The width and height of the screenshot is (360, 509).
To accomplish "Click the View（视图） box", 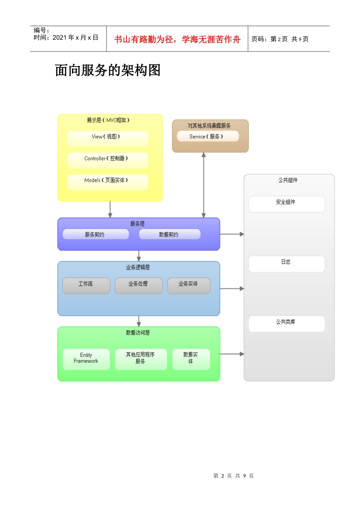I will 108,138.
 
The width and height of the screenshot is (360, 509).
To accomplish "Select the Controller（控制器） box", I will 108,160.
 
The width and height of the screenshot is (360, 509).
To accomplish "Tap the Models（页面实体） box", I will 108,182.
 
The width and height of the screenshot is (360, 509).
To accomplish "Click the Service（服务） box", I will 208,136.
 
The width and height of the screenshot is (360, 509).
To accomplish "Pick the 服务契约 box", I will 95,234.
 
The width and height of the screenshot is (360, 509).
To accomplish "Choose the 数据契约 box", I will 169,234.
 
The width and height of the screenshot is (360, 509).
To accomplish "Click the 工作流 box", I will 86,286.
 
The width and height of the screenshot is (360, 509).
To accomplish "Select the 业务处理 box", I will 139,286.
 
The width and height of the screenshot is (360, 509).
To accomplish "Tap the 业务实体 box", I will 189,286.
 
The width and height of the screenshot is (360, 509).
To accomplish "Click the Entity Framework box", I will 86,359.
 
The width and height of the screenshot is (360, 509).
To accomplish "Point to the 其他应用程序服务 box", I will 141,359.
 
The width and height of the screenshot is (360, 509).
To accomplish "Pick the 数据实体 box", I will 191,359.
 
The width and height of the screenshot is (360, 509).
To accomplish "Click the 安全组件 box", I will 286,204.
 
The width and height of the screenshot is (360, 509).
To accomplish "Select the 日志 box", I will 286,264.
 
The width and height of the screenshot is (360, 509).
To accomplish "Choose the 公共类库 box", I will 286,323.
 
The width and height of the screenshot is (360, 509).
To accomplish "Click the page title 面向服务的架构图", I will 108,70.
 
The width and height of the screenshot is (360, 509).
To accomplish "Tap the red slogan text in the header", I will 177,39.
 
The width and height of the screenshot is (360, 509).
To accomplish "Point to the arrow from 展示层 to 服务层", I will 110,209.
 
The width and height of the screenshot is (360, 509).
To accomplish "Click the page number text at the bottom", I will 233,476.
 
